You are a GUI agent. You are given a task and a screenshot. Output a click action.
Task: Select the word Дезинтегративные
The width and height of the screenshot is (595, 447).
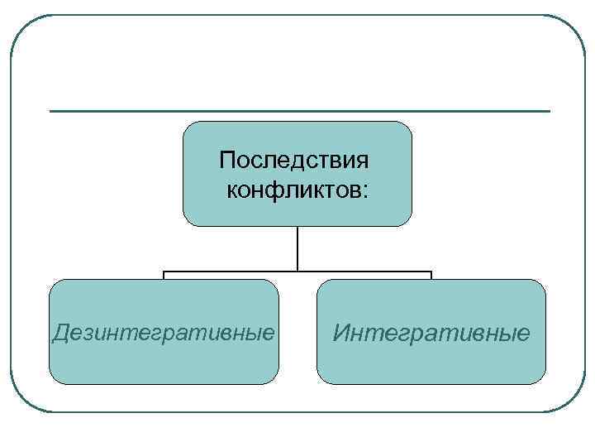[163, 333]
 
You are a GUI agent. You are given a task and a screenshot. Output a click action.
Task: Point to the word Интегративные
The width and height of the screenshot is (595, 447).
[431, 333]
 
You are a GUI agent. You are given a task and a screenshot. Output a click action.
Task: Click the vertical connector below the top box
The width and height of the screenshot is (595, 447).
[297, 248]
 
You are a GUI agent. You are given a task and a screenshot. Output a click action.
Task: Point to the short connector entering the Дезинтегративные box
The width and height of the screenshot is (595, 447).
[164, 276]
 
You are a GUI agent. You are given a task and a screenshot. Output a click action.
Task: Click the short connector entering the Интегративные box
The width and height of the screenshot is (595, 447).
[431, 276]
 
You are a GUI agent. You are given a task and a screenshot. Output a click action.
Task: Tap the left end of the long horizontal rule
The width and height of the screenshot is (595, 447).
[51, 111]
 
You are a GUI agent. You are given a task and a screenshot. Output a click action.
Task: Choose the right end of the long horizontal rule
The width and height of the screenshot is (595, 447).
[549, 111]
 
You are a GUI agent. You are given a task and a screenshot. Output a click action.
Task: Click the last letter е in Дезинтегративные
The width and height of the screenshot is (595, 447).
[269, 334]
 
